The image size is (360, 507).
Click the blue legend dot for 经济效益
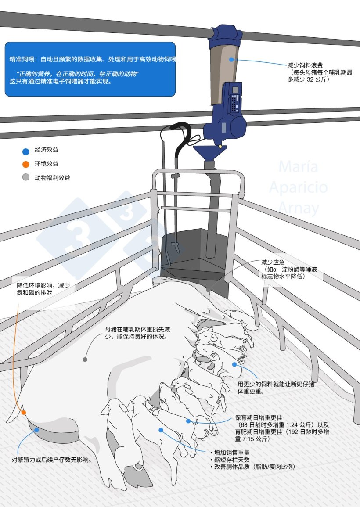coord(25,151)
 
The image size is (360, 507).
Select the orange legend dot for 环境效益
coord(25,165)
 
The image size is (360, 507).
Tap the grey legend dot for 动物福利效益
coord(25,177)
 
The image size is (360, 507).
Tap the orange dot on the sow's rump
coord(24,413)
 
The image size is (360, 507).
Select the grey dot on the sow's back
coord(85,360)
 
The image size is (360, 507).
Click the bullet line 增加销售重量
coord(233,453)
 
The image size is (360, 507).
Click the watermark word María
coord(299,167)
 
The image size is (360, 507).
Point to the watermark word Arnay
coord(299,208)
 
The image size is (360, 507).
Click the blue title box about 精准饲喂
coord(90,69)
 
